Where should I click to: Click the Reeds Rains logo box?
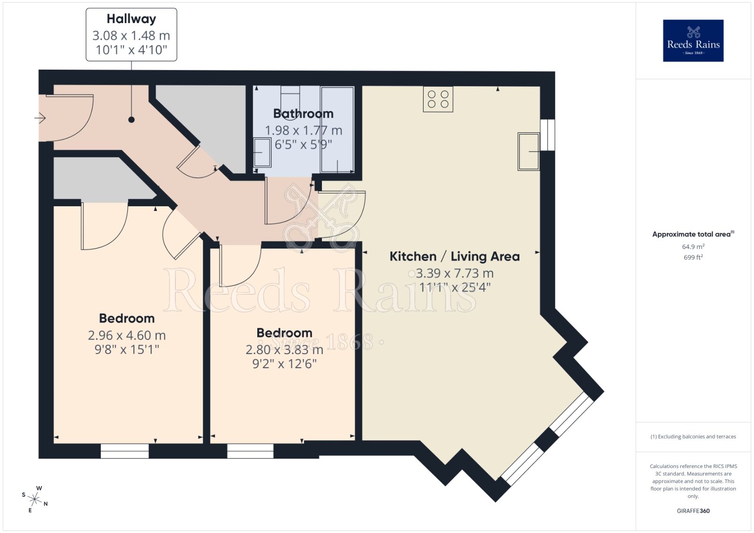[x=693, y=40]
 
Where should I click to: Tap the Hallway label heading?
[x=131, y=19]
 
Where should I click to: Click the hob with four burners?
[x=438, y=99]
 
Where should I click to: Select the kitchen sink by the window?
[x=528, y=151]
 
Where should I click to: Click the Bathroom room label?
[x=303, y=113]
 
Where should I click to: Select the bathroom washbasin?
[x=262, y=153]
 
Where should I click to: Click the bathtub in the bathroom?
[x=337, y=129]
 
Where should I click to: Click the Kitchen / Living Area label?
[x=454, y=257]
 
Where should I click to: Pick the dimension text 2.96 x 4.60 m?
[x=126, y=335]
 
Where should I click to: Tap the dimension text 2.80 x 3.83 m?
[x=284, y=350]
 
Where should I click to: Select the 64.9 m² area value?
[x=693, y=247]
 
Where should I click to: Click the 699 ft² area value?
[x=693, y=258]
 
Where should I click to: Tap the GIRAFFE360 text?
[x=693, y=511]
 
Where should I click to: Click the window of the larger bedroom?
[x=125, y=451]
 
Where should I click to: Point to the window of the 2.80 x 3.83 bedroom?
[x=250, y=451]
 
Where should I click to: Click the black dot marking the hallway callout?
[x=131, y=120]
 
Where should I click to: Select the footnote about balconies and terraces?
[x=693, y=436]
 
